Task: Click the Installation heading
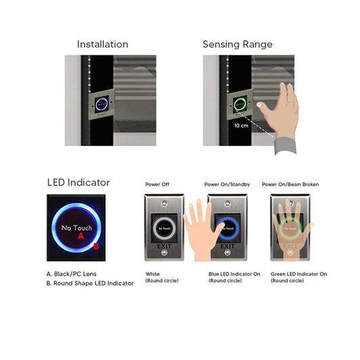[102, 45]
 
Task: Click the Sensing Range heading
[237, 45]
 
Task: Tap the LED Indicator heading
[78, 182]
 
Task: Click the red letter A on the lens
[81, 237]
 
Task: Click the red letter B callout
[96, 246]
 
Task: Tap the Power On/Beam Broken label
[290, 184]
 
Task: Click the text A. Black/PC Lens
[72, 274]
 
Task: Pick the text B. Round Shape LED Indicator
[90, 283]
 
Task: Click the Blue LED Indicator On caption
[234, 274]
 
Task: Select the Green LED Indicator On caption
[299, 274]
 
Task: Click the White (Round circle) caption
[162, 277]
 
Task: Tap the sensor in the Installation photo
[101, 105]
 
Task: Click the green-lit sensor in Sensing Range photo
[238, 105]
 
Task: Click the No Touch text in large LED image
[76, 228]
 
